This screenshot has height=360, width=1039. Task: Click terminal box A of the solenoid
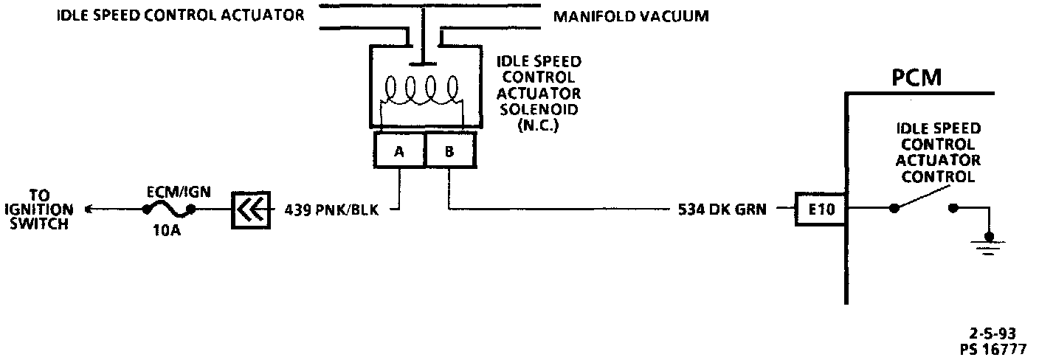click(x=399, y=152)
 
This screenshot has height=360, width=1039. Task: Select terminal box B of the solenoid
click(x=449, y=152)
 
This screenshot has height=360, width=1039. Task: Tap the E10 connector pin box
click(x=820, y=210)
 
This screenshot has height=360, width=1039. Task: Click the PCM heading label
click(x=917, y=77)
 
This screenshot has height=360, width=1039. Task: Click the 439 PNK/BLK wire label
click(x=331, y=210)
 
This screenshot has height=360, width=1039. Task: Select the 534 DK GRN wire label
click(x=722, y=210)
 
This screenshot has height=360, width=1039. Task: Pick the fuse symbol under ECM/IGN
click(x=169, y=210)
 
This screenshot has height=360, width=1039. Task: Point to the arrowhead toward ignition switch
click(x=90, y=210)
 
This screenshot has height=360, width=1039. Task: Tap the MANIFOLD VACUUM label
click(x=631, y=15)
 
